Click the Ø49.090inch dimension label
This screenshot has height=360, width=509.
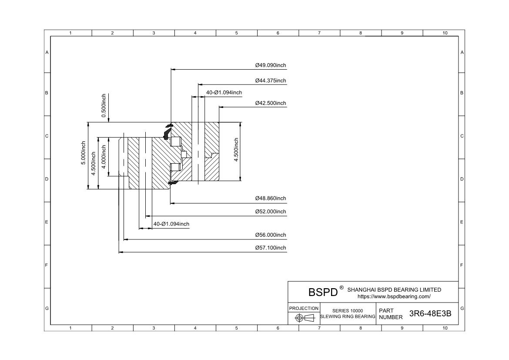coord(271,65)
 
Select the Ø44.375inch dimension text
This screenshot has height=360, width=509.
coord(271,81)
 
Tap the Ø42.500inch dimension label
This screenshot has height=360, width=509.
coord(271,103)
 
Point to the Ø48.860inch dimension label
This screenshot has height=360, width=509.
coord(271,198)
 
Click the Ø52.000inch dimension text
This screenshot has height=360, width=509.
coord(271,212)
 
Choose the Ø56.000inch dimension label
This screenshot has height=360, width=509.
coord(271,235)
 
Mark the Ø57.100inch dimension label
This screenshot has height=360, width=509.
coord(271,248)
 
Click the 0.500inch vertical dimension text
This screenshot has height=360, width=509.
coord(104,105)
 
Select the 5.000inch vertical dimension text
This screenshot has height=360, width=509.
coord(83,152)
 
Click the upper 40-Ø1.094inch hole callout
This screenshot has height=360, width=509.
coord(224,92)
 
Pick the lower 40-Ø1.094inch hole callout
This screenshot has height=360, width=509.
coord(171,224)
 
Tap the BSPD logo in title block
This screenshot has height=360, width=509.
coord(323,292)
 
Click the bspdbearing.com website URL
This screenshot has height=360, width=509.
coord(394,296)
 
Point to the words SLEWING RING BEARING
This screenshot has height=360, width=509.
coord(348,316)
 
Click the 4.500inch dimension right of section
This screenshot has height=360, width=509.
coord(236,150)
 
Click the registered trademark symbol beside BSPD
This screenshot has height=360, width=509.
coord(342,288)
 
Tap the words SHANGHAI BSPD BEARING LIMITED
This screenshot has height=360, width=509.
coord(394,289)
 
